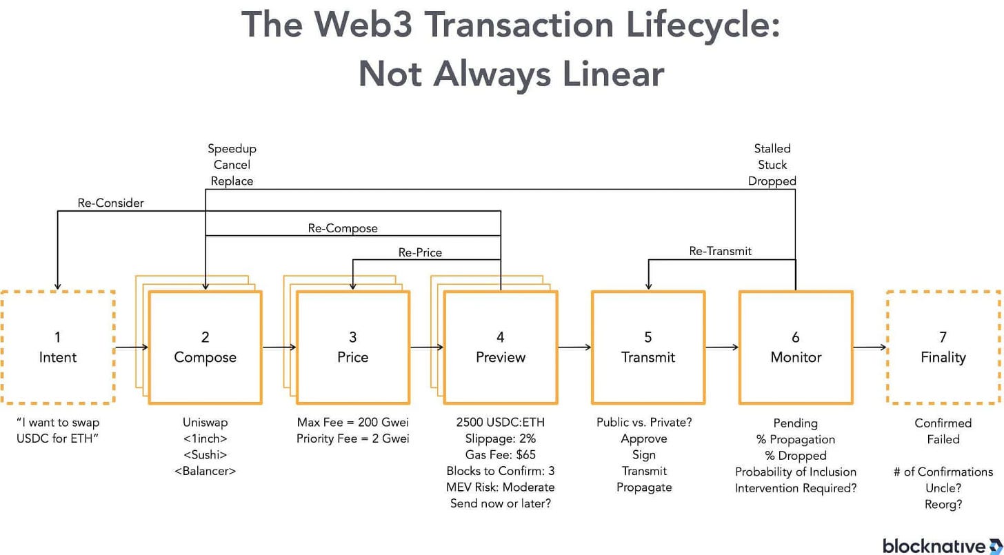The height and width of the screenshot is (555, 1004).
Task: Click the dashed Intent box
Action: [57, 347]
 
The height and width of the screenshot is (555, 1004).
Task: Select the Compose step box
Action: [205, 347]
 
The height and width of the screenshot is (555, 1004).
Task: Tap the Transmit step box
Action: [647, 347]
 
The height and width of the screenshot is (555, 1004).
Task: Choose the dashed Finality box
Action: [943, 347]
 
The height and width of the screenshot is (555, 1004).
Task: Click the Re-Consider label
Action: [110, 203]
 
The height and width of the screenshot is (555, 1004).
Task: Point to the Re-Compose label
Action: [343, 228]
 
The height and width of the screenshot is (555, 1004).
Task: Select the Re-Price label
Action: [420, 252]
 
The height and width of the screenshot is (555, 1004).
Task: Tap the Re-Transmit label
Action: [720, 251]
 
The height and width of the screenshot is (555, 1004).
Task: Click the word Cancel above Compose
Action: [232, 165]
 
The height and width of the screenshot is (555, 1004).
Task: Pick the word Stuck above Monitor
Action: [772, 165]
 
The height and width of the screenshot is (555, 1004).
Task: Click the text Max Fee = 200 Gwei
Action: [352, 423]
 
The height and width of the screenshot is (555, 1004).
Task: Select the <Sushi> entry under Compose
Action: [205, 455]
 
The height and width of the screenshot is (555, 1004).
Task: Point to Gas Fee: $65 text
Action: [500, 455]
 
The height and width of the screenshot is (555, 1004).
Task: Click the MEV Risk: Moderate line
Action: [500, 487]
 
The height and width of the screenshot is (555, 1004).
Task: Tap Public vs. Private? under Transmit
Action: [647, 423]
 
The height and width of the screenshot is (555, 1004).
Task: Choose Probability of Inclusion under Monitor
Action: [795, 472]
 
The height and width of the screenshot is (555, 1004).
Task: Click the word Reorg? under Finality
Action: [943, 504]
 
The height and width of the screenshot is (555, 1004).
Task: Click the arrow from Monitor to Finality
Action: [870, 347]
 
